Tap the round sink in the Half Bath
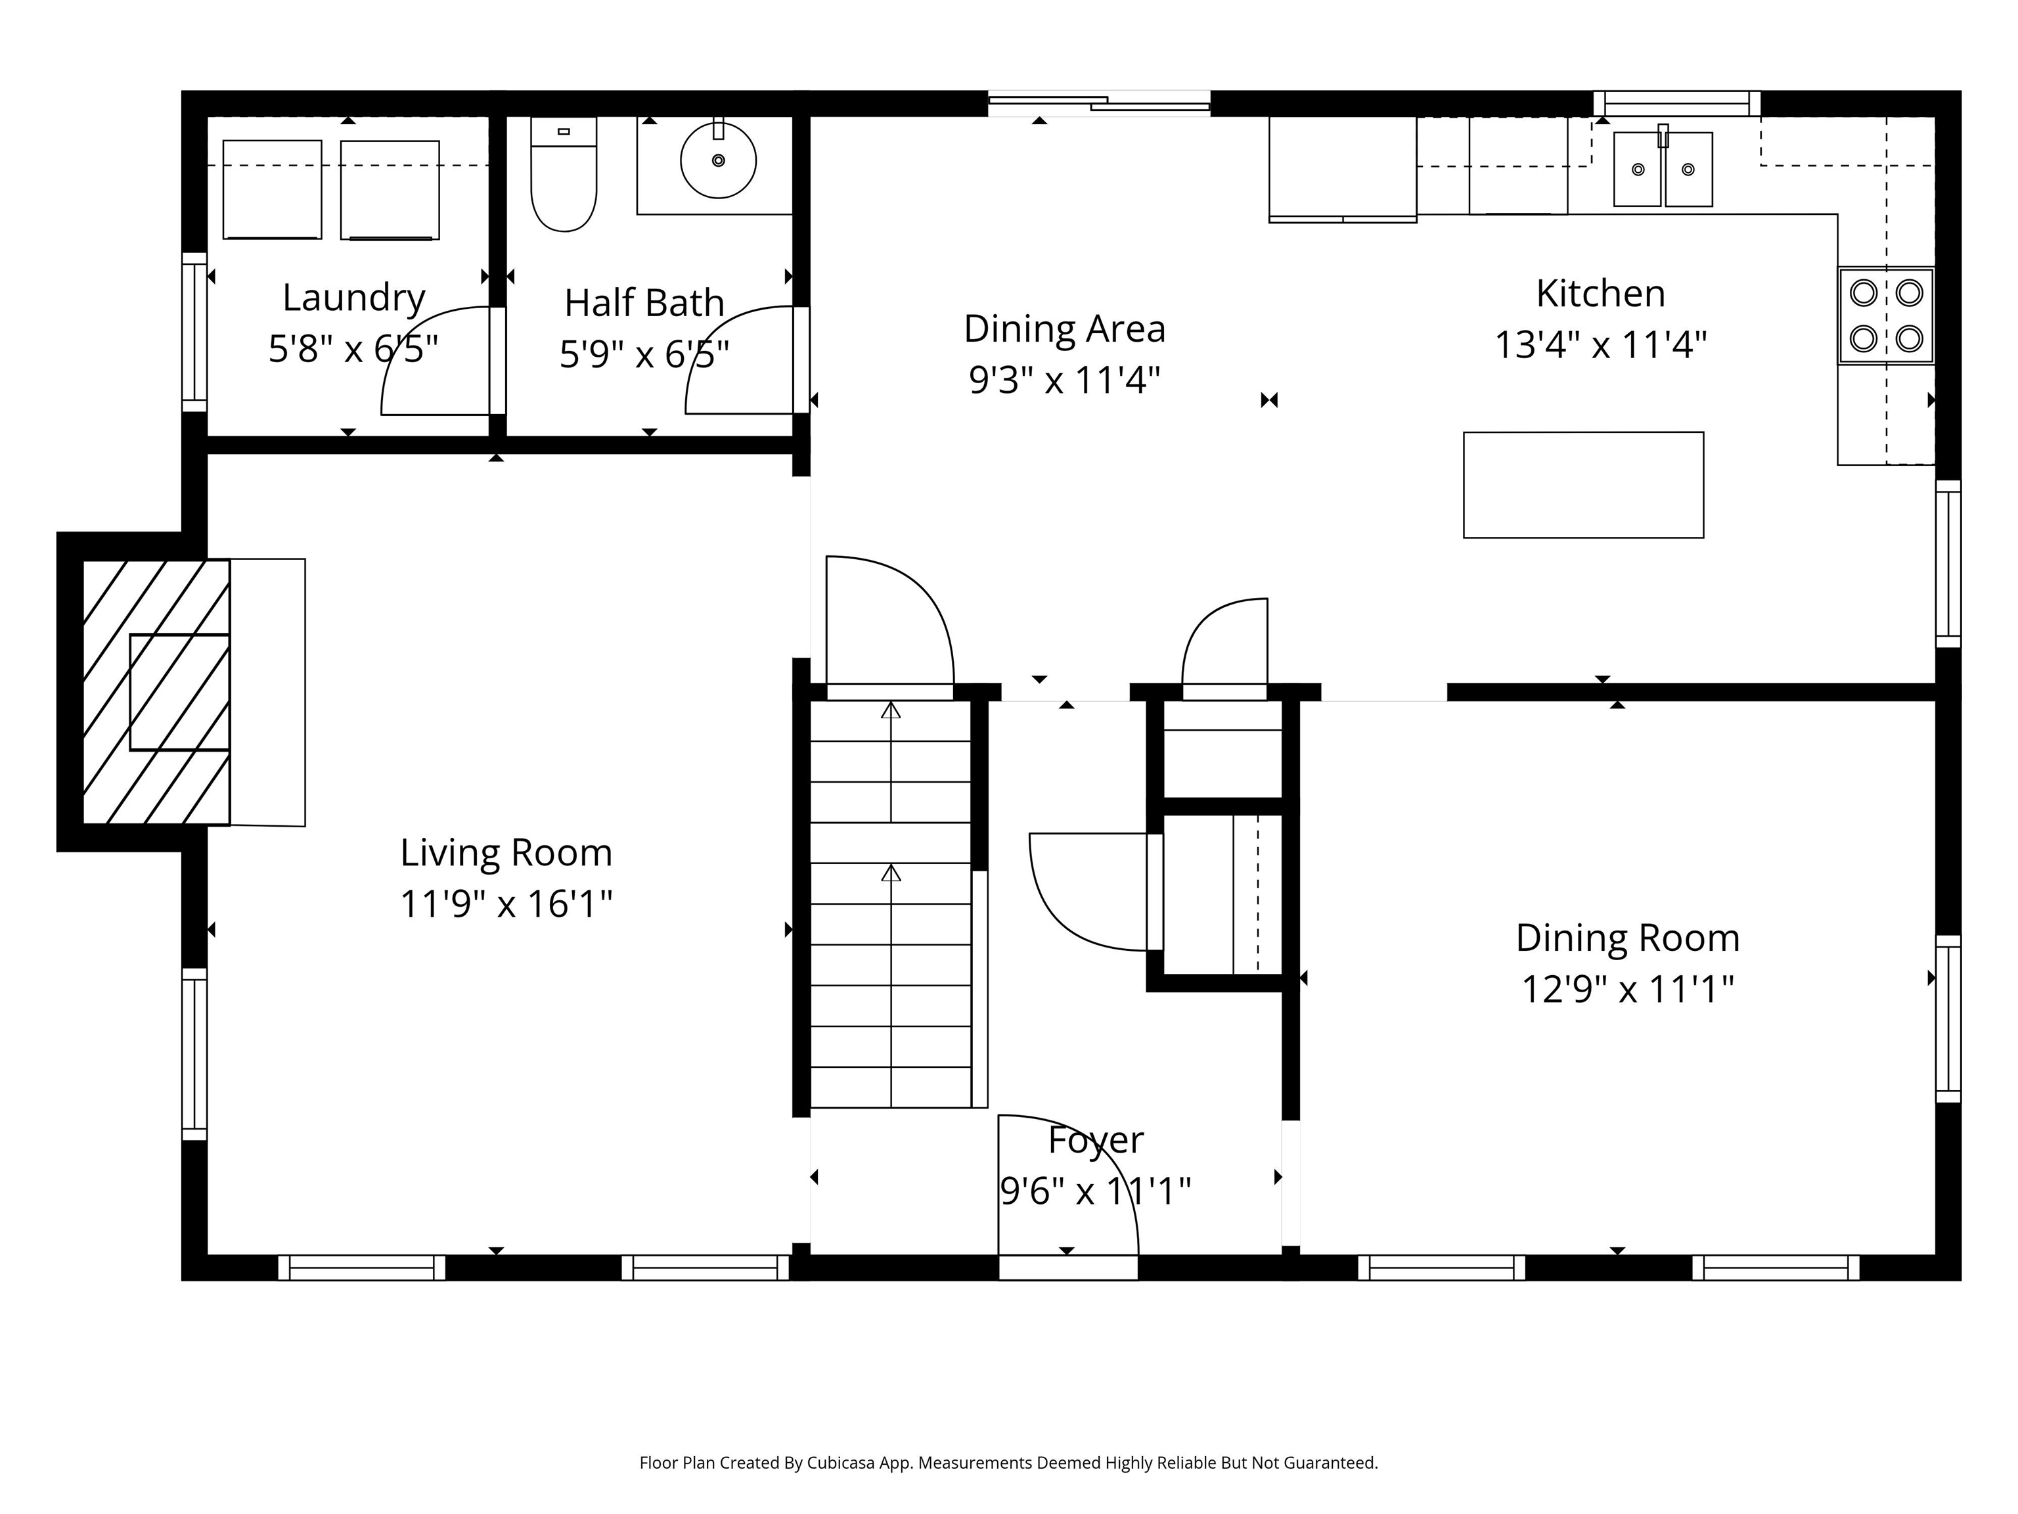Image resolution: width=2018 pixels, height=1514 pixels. [x=718, y=160]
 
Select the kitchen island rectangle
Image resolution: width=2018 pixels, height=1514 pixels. [x=1583, y=484]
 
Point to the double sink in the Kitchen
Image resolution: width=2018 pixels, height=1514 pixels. [x=1662, y=169]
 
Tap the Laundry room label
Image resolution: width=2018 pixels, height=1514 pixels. [x=354, y=298]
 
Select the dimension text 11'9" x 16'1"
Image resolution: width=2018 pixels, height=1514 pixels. [x=506, y=904]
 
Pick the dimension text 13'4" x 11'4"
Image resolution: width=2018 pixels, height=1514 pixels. [x=1600, y=346]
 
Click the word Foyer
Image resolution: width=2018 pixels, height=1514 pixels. [x=1096, y=1141]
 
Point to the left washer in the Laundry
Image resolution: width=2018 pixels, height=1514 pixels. [x=272, y=189]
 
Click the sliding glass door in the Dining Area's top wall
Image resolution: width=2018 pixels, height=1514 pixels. [x=1099, y=103]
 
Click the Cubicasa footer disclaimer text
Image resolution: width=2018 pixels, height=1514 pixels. [x=1008, y=1463]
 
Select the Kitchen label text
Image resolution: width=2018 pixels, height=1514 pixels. [x=1600, y=294]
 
